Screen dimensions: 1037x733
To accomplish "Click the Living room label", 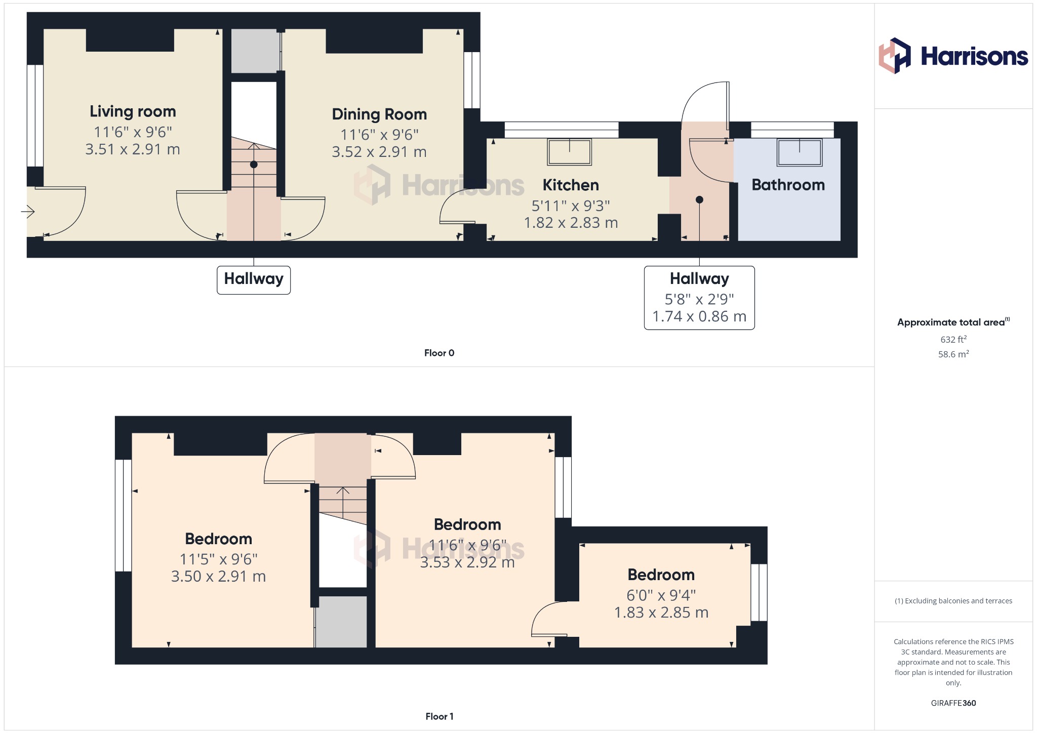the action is [x=133, y=111].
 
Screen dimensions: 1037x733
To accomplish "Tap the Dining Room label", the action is [x=379, y=114].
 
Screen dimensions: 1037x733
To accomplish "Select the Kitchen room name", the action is [x=571, y=185].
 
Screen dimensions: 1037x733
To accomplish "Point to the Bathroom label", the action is [x=788, y=185].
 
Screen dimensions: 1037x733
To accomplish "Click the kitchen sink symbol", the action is [x=569, y=152].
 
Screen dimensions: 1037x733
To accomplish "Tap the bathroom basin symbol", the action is [x=800, y=152].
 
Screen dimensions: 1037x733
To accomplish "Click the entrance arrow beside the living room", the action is [x=28, y=212].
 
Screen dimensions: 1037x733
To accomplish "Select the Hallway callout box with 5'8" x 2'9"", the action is [x=699, y=298].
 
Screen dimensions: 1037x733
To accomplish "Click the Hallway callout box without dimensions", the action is [x=254, y=280].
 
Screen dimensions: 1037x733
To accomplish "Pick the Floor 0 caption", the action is [x=439, y=353].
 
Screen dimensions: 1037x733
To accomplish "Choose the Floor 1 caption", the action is [x=439, y=716].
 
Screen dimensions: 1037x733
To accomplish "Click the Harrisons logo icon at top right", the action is [x=894, y=56].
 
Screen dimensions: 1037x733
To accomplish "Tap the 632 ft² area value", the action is [x=953, y=339].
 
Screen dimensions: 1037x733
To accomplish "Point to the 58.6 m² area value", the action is [x=953, y=354].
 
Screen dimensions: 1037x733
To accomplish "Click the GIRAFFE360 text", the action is [x=953, y=703].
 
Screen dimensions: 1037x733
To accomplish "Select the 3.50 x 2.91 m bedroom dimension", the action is [x=218, y=577].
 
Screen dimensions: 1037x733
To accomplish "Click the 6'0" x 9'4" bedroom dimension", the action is [x=661, y=595].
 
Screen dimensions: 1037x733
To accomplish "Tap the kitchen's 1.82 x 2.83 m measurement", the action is [x=571, y=223].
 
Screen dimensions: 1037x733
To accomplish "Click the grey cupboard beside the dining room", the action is [x=255, y=51].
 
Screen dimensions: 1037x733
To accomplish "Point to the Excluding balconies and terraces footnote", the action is [x=953, y=601].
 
